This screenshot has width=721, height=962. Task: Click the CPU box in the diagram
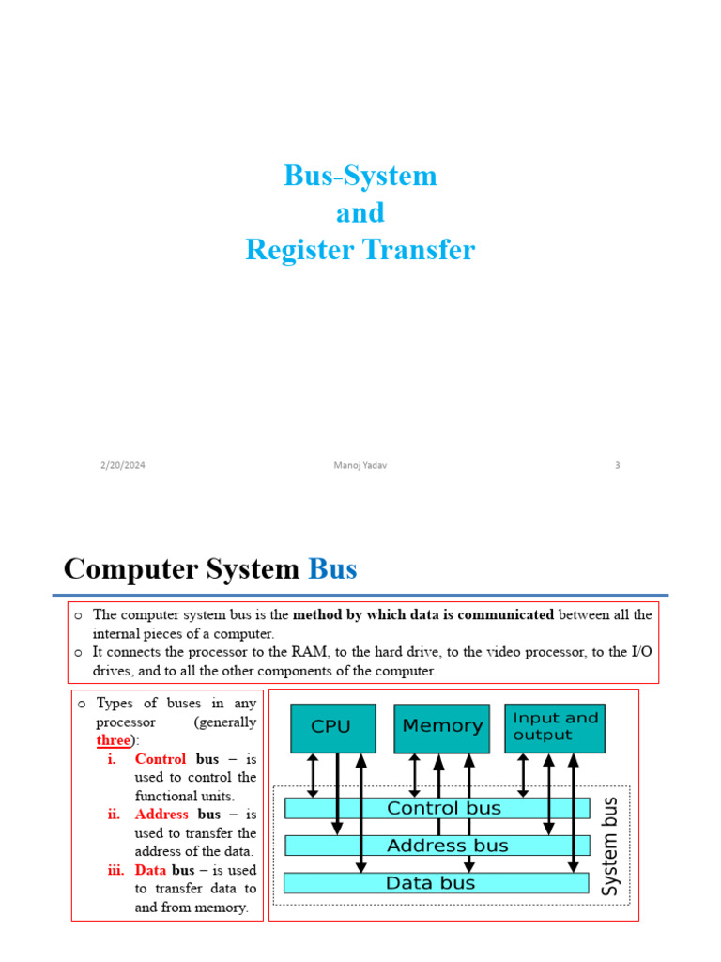332,727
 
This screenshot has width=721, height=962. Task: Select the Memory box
441,727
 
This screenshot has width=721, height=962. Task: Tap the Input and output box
555,727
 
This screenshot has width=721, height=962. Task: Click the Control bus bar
437,808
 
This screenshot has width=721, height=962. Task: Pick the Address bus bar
437,846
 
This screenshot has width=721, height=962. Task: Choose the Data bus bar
437,883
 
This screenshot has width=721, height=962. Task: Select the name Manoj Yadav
360,465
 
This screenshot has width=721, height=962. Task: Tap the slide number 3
618,465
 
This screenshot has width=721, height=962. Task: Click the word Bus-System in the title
360,176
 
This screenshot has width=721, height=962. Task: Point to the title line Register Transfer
360,250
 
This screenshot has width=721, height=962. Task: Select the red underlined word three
113,740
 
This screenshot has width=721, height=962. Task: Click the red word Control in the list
161,759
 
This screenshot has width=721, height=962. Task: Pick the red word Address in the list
161,815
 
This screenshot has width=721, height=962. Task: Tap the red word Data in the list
150,870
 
